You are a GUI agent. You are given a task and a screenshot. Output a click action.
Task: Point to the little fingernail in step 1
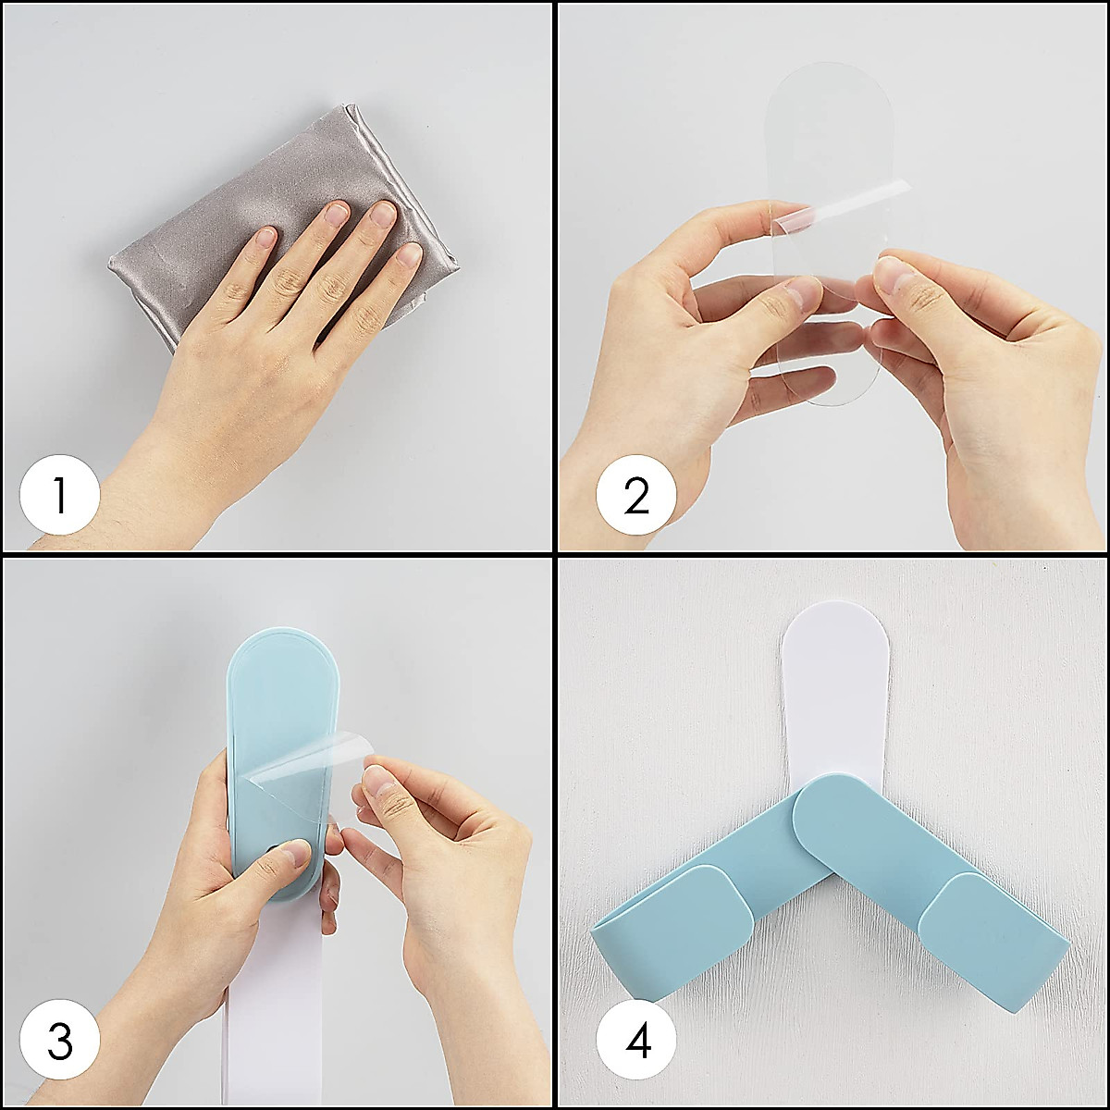pos(409,255)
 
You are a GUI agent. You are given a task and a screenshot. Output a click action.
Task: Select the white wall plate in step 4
pos(832,709)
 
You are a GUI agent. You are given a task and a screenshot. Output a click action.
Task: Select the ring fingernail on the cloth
pos(382,215)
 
